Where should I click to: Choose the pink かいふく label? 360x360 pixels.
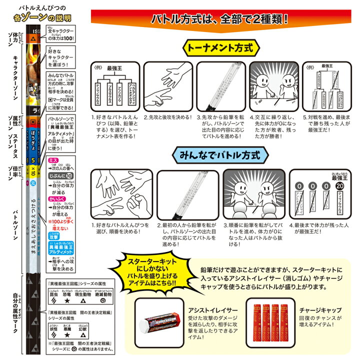click(54, 197)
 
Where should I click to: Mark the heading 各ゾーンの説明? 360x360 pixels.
click(45, 18)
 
